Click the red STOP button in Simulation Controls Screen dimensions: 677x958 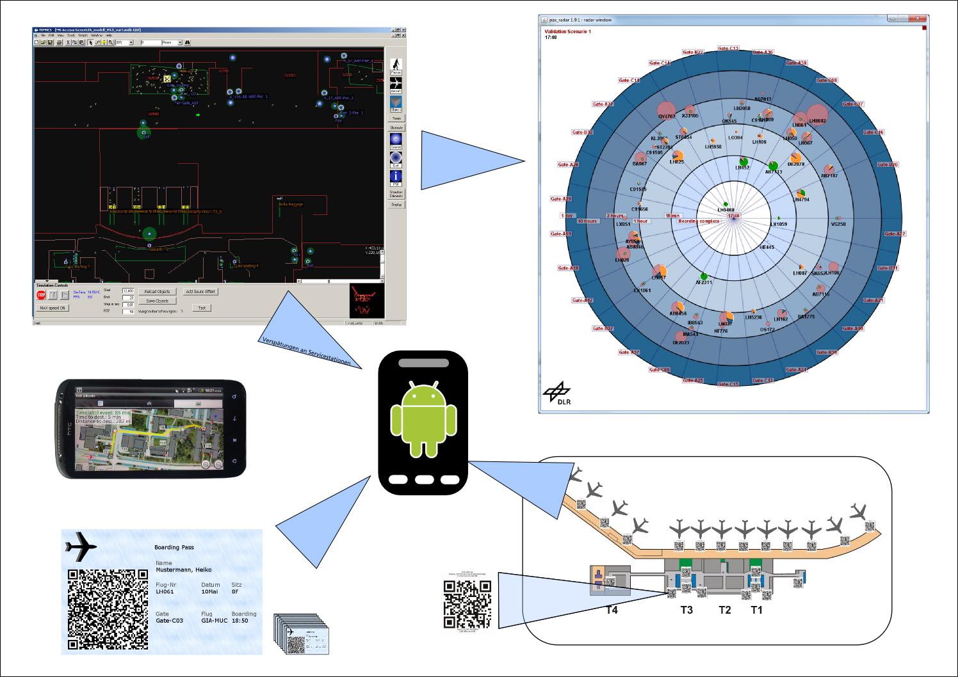(x=41, y=295)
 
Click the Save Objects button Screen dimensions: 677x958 (x=157, y=301)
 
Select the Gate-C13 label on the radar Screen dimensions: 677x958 (x=729, y=49)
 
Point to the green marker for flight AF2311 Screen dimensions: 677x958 (x=704, y=276)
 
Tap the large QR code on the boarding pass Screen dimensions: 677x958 (x=108, y=609)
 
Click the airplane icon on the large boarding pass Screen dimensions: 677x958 (x=81, y=546)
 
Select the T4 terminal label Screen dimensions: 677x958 (x=612, y=610)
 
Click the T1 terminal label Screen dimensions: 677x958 (x=757, y=610)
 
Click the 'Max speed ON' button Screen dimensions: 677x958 (x=53, y=308)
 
